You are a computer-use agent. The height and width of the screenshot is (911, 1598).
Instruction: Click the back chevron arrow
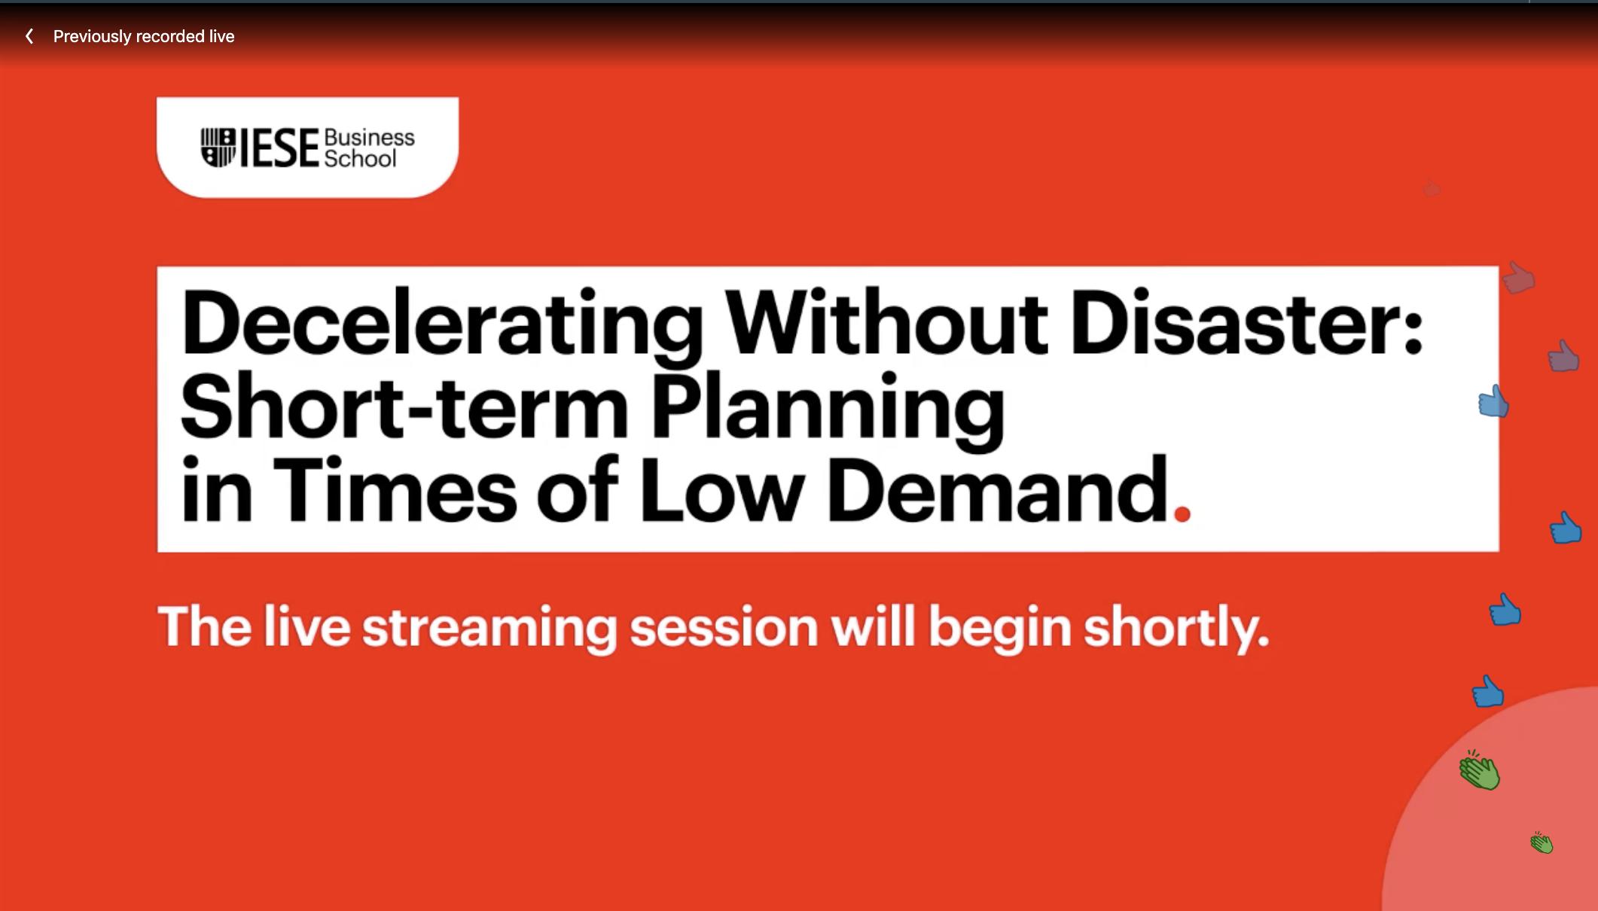(29, 36)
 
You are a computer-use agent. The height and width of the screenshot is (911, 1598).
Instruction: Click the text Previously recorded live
(144, 36)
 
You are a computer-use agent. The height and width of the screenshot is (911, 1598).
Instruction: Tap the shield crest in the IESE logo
(218, 148)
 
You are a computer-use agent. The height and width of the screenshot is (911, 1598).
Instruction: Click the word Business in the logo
(369, 138)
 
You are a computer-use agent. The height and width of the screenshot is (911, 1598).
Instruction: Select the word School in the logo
(360, 158)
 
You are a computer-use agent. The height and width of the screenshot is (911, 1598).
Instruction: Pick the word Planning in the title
(828, 411)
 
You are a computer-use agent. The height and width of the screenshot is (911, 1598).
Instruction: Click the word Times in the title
(395, 489)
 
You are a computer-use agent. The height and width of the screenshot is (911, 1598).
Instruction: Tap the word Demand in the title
(999, 489)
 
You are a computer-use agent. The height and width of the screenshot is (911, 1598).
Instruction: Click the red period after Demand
(1182, 513)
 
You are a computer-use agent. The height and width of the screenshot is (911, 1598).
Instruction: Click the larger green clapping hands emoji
(1480, 770)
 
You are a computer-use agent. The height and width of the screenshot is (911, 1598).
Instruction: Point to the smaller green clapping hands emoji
(1542, 842)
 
